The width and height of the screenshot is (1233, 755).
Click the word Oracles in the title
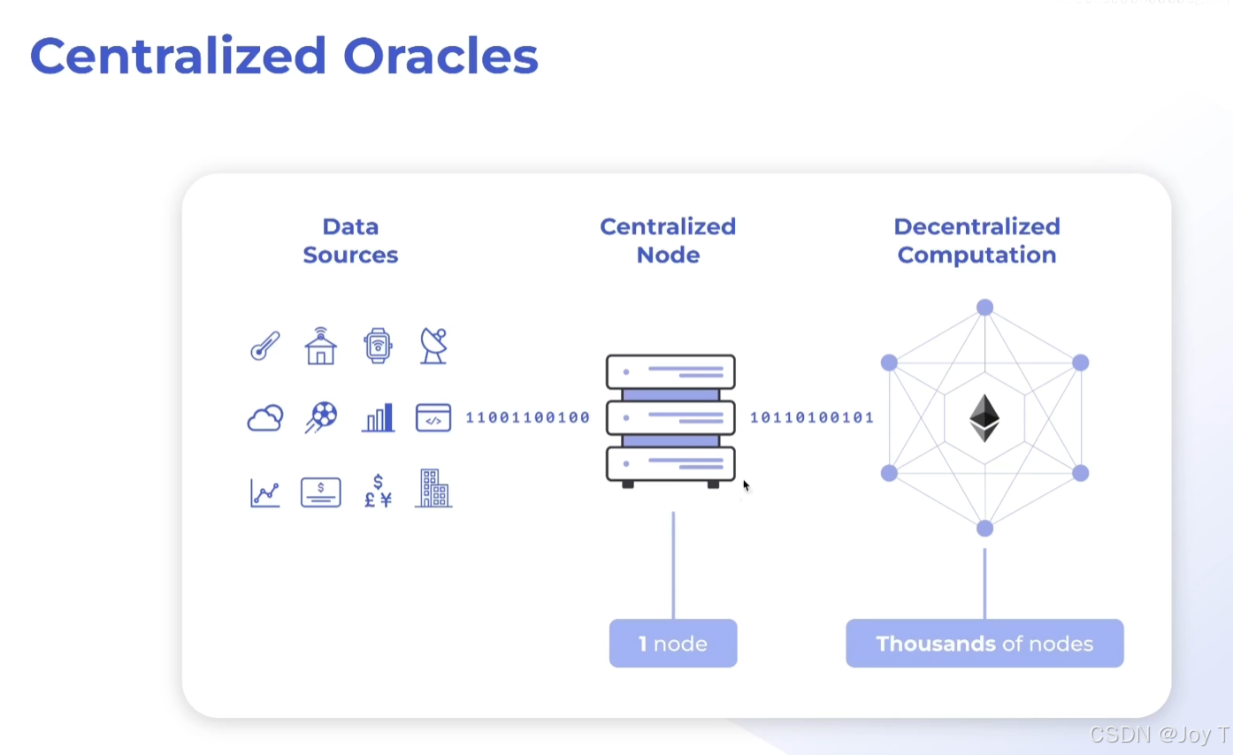point(440,56)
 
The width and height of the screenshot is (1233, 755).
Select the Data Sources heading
point(350,240)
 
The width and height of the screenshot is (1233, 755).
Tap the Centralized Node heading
point(668,240)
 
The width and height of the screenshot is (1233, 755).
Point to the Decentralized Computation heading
point(976,240)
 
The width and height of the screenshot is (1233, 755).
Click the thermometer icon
point(264,346)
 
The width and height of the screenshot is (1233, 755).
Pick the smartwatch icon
point(378,346)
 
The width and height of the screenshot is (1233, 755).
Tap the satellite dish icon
point(433,346)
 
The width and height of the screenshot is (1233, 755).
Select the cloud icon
point(264,417)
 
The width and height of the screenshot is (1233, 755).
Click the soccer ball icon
point(321,417)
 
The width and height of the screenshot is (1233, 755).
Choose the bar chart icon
point(378,417)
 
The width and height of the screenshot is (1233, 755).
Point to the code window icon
point(433,417)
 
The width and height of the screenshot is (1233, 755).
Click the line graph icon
point(264,492)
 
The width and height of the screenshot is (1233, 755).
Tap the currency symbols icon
point(379,491)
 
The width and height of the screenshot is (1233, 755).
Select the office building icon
point(433,488)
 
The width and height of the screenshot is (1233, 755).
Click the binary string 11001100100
point(528,417)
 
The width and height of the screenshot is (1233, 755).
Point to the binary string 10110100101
point(812,417)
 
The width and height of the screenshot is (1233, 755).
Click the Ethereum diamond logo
point(984,417)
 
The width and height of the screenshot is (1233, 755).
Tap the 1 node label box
point(673,644)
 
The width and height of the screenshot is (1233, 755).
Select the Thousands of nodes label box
point(984,644)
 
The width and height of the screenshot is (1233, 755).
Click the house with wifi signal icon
point(321,346)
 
